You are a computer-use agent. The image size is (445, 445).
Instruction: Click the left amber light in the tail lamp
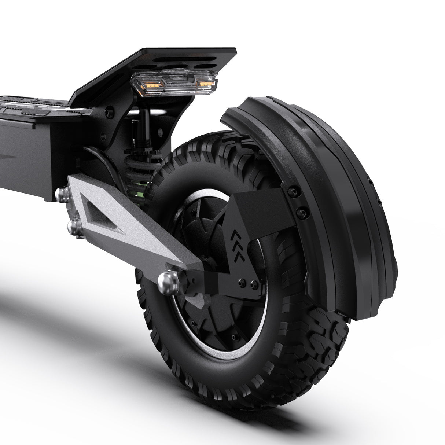pyautogui.click(x=151, y=85)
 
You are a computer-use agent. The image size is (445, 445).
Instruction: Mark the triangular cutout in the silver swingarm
pyautogui.click(x=99, y=216)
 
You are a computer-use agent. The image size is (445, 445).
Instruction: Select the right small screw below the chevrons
pyautogui.click(x=252, y=283)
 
